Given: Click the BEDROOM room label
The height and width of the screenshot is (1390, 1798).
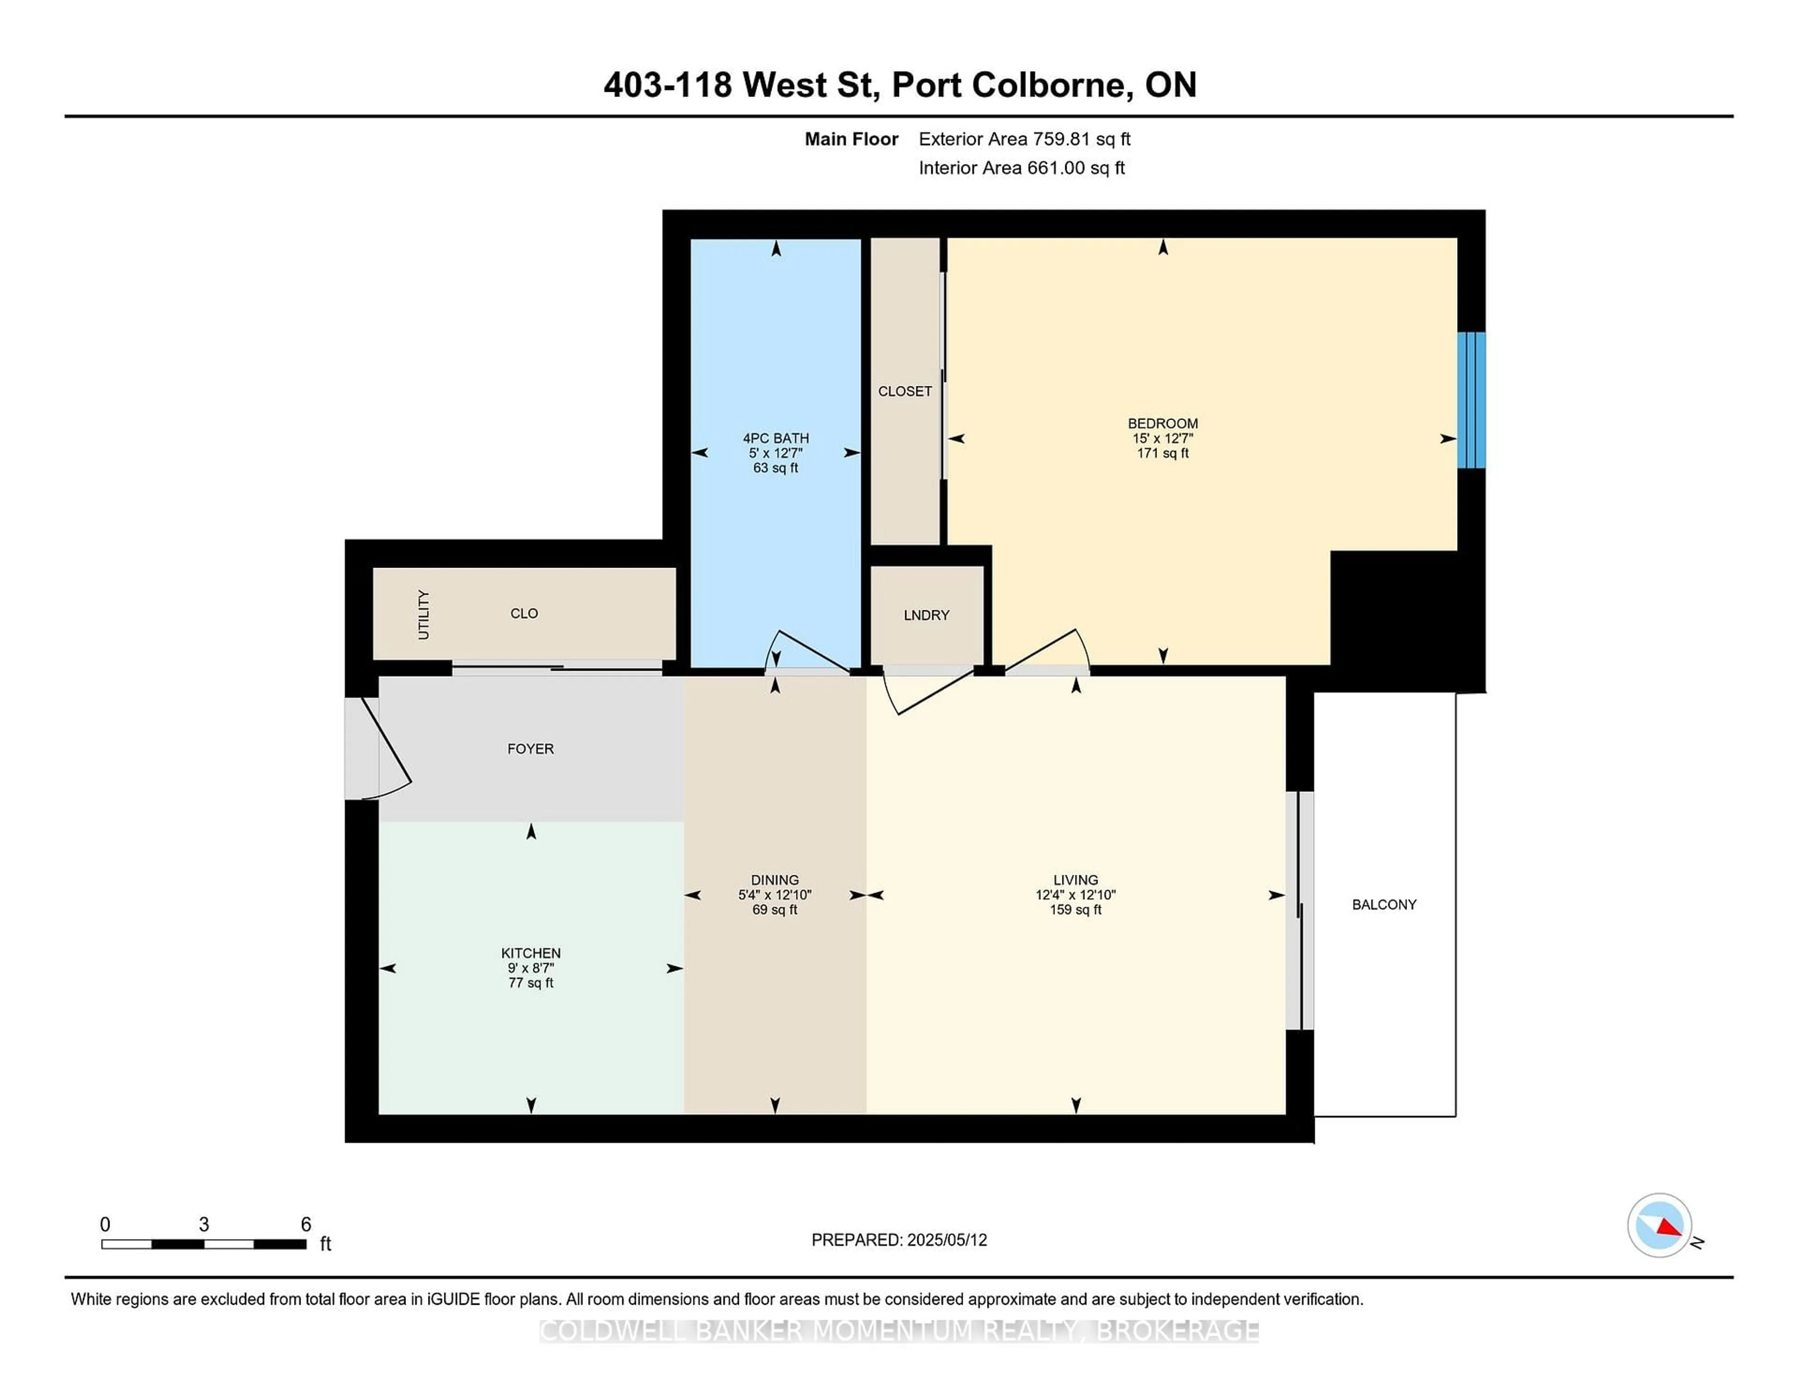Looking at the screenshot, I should pos(1163,423).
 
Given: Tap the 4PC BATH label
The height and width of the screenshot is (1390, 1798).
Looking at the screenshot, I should pos(775,438).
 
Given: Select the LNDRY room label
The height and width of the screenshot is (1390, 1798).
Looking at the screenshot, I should pos(926,615).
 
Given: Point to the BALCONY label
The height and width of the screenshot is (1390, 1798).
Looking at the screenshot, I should pos(1384,904).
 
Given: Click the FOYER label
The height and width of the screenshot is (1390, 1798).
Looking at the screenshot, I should pos(530,748).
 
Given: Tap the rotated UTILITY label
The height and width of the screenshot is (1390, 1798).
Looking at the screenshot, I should pos(423,614).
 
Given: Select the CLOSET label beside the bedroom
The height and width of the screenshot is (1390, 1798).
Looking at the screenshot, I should pos(905,391).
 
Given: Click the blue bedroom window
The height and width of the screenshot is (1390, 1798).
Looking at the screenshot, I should pos(1471,400).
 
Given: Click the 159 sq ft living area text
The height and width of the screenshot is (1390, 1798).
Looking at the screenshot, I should pos(1075,910).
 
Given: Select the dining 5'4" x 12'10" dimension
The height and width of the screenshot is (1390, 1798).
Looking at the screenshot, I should pos(775,895).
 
